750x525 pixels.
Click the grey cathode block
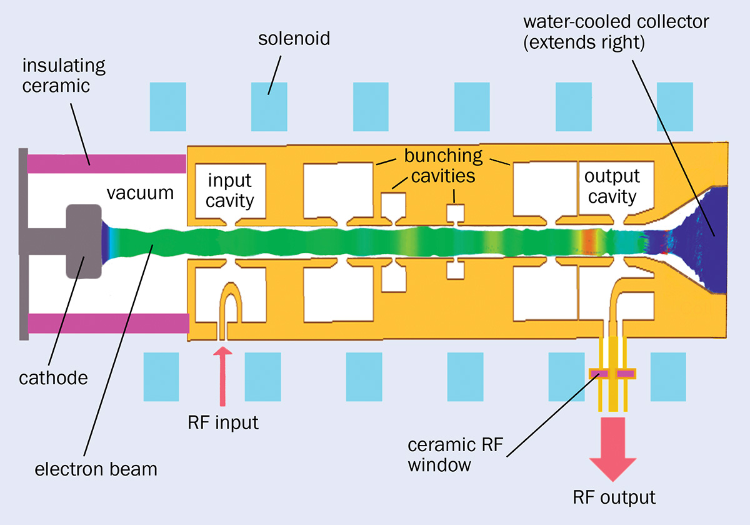tap(83, 241)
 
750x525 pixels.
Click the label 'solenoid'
tap(294, 40)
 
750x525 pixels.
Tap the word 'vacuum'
tap(139, 192)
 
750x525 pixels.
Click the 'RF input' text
tap(222, 422)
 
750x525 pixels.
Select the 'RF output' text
tap(614, 497)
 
